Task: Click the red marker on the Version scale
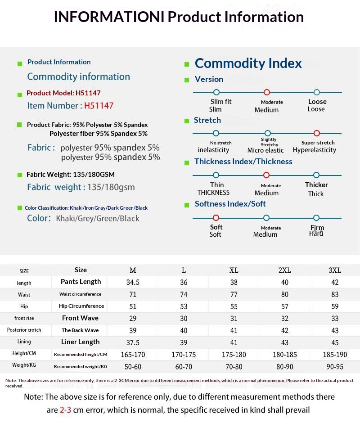(266, 92)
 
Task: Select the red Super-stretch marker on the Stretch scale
(316, 133)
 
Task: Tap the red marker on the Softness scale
(216, 218)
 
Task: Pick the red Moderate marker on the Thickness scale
(266, 175)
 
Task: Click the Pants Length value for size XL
(234, 282)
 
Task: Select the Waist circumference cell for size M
(133, 294)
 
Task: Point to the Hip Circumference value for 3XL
(335, 306)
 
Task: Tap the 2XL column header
(284, 270)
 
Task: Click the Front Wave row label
(80, 318)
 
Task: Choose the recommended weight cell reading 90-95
(335, 367)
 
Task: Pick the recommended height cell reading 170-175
(184, 355)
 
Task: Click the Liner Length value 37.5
(133, 342)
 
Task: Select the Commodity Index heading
(248, 63)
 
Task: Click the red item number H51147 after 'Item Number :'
(99, 106)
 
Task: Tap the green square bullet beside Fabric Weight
(19, 175)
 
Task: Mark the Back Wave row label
(80, 330)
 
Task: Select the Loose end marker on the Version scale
(317, 92)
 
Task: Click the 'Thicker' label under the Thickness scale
(316, 185)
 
